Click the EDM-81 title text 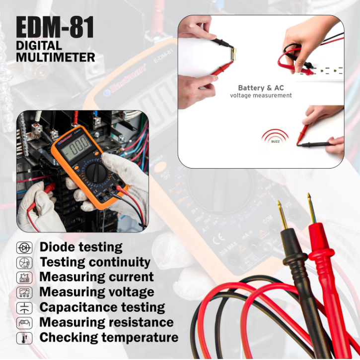[55, 28]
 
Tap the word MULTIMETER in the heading [55, 57]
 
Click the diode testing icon [24, 247]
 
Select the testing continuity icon [24, 262]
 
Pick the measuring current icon [24, 277]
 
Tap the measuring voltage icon [24, 293]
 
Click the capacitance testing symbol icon [24, 307]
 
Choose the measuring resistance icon [24, 323]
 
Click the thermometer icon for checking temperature [24, 338]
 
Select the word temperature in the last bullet [140, 338]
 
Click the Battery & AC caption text [261, 88]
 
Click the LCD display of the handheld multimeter [75, 147]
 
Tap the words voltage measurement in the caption [261, 95]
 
